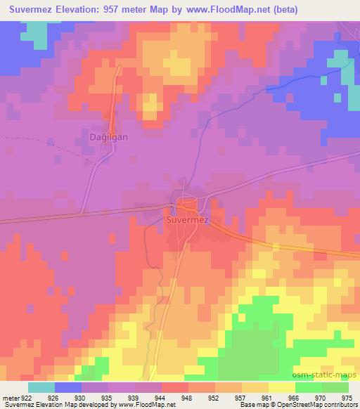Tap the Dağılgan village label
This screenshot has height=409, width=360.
108,138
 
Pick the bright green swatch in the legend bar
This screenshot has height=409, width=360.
309,387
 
